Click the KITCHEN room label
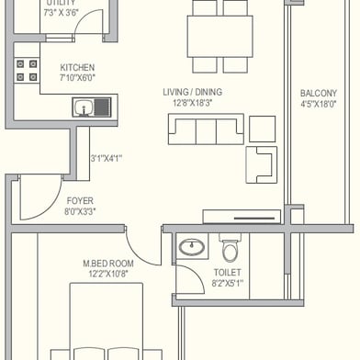(77, 67)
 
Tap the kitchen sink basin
(84, 107)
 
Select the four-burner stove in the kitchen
(27, 70)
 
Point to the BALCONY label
(319, 93)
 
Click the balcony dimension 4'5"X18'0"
(319, 104)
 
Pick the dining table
(219, 37)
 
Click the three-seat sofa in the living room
(206, 129)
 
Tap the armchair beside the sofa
(262, 164)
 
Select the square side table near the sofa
(262, 129)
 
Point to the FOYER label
(80, 201)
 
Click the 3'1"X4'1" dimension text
(107, 159)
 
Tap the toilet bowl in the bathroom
(230, 249)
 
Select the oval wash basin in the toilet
(192, 247)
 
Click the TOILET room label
(227, 273)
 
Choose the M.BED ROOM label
(108, 264)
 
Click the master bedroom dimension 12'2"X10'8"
(108, 274)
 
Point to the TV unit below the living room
(242, 217)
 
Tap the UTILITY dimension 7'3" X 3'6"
(62, 13)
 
